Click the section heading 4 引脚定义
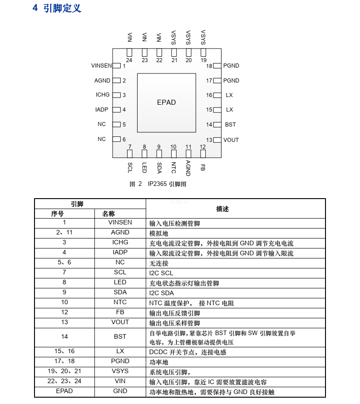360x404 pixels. click(x=57, y=8)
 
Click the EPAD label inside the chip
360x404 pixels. click(x=166, y=102)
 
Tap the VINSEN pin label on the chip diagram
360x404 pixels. click(x=101, y=66)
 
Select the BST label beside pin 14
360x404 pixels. click(x=231, y=125)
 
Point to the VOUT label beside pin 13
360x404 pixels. click(x=231, y=140)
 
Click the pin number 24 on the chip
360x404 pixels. click(x=129, y=60)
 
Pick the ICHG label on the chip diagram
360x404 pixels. click(x=103, y=95)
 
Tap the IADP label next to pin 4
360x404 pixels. click(x=102, y=110)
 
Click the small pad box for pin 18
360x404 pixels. click(x=217, y=66)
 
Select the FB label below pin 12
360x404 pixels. click(x=203, y=167)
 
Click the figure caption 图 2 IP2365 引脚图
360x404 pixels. click(x=158, y=184)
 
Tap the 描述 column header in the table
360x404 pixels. click(x=222, y=209)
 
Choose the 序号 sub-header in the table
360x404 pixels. click(x=57, y=214)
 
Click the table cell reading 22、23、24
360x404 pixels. click(x=64, y=381)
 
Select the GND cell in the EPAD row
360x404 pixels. click(x=120, y=391)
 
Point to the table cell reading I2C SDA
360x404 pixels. click(x=161, y=293)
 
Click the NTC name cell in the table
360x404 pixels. click(x=120, y=302)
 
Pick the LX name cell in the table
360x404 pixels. click(x=120, y=351)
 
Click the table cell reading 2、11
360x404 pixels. click(x=64, y=233)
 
